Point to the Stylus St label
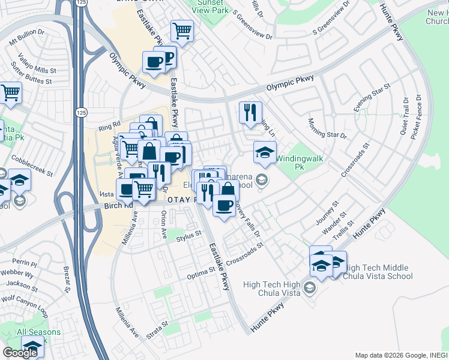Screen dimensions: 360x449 click(x=188, y=238)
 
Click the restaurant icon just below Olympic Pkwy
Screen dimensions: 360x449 click(x=250, y=112)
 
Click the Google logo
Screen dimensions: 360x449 click(x=19, y=352)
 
